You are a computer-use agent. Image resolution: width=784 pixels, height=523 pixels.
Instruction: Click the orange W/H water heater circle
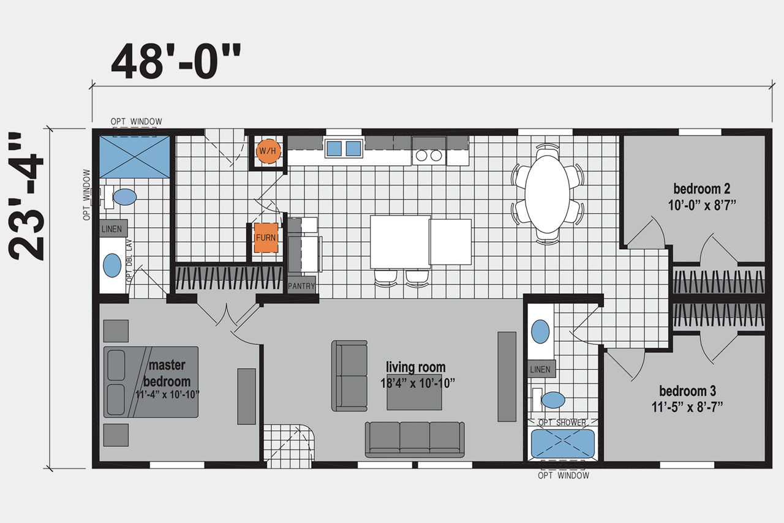click(268, 151)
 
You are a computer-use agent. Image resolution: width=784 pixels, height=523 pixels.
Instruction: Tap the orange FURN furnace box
click(266, 238)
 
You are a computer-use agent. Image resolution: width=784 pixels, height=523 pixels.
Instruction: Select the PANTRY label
click(301, 286)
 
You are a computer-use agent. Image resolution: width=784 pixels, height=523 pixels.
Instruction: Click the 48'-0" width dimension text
click(176, 61)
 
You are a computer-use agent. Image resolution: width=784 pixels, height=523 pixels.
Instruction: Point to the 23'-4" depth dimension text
click(26, 197)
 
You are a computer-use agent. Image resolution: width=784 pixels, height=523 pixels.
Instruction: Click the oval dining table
click(547, 194)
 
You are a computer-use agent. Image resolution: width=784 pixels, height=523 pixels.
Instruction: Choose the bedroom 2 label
click(702, 189)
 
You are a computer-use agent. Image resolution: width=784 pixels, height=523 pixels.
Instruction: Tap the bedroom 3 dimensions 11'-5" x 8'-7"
click(687, 407)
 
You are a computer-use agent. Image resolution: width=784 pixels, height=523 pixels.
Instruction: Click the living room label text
click(416, 367)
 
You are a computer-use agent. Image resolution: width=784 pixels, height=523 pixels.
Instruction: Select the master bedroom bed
click(151, 382)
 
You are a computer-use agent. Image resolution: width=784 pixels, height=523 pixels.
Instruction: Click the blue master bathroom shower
click(135, 157)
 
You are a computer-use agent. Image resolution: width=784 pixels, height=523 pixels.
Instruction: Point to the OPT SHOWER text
click(562, 423)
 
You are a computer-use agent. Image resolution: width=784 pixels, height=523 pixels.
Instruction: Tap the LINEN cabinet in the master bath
click(113, 228)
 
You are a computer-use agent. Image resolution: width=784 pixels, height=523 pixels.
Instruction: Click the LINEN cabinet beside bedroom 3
click(541, 369)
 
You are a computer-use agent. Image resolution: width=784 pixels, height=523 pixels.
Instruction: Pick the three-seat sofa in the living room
click(415, 440)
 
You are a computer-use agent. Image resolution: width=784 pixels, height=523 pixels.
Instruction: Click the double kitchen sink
click(344, 148)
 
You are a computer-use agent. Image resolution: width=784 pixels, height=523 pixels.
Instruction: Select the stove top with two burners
click(429, 156)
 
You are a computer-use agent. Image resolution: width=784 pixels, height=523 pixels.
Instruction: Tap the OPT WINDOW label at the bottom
click(563, 475)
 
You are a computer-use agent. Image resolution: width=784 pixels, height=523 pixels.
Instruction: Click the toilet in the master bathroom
click(121, 197)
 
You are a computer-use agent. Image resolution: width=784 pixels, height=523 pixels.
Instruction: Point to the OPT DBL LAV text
click(129, 261)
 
